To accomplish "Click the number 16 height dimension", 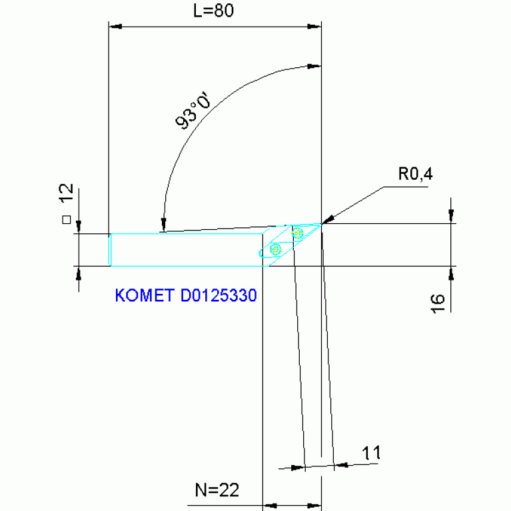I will tap(438, 300).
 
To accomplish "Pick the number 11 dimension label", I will tap(371, 454).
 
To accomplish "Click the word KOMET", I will tap(145, 295).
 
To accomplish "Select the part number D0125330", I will tap(219, 295).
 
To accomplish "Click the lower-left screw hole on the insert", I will tap(276, 249).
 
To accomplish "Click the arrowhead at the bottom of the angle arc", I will tap(163, 227).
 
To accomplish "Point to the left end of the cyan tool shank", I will tap(110, 250).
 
